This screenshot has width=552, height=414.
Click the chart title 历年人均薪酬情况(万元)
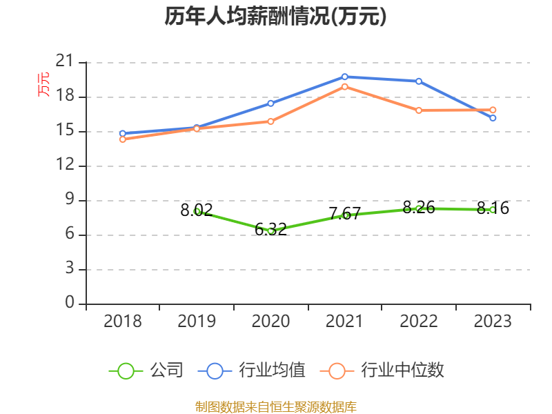(x=275, y=16)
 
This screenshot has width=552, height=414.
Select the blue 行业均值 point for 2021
(x=344, y=77)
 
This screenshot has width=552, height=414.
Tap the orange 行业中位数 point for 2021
(x=344, y=87)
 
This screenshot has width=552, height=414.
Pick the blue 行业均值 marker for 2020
(x=270, y=103)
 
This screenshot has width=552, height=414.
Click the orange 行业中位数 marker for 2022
(x=419, y=110)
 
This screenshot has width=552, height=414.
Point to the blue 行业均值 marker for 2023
(x=493, y=118)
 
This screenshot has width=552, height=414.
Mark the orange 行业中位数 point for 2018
(x=123, y=139)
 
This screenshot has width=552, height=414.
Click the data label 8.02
(x=197, y=210)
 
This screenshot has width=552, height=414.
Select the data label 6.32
(x=270, y=230)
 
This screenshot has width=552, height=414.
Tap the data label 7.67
(x=344, y=213)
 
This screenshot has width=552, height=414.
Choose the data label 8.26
(x=419, y=208)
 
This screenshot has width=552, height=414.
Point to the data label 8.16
(x=493, y=208)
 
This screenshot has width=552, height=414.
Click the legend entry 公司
(x=146, y=371)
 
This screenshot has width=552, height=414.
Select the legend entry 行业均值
(x=252, y=371)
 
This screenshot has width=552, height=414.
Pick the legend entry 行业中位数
(x=382, y=371)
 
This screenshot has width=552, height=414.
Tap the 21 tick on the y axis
(x=65, y=61)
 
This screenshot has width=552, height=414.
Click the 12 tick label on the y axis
(x=65, y=164)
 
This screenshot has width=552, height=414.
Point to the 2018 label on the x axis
(x=123, y=321)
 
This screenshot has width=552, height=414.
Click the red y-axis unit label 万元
(x=43, y=84)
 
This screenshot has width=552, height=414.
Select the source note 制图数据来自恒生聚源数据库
(x=275, y=407)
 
